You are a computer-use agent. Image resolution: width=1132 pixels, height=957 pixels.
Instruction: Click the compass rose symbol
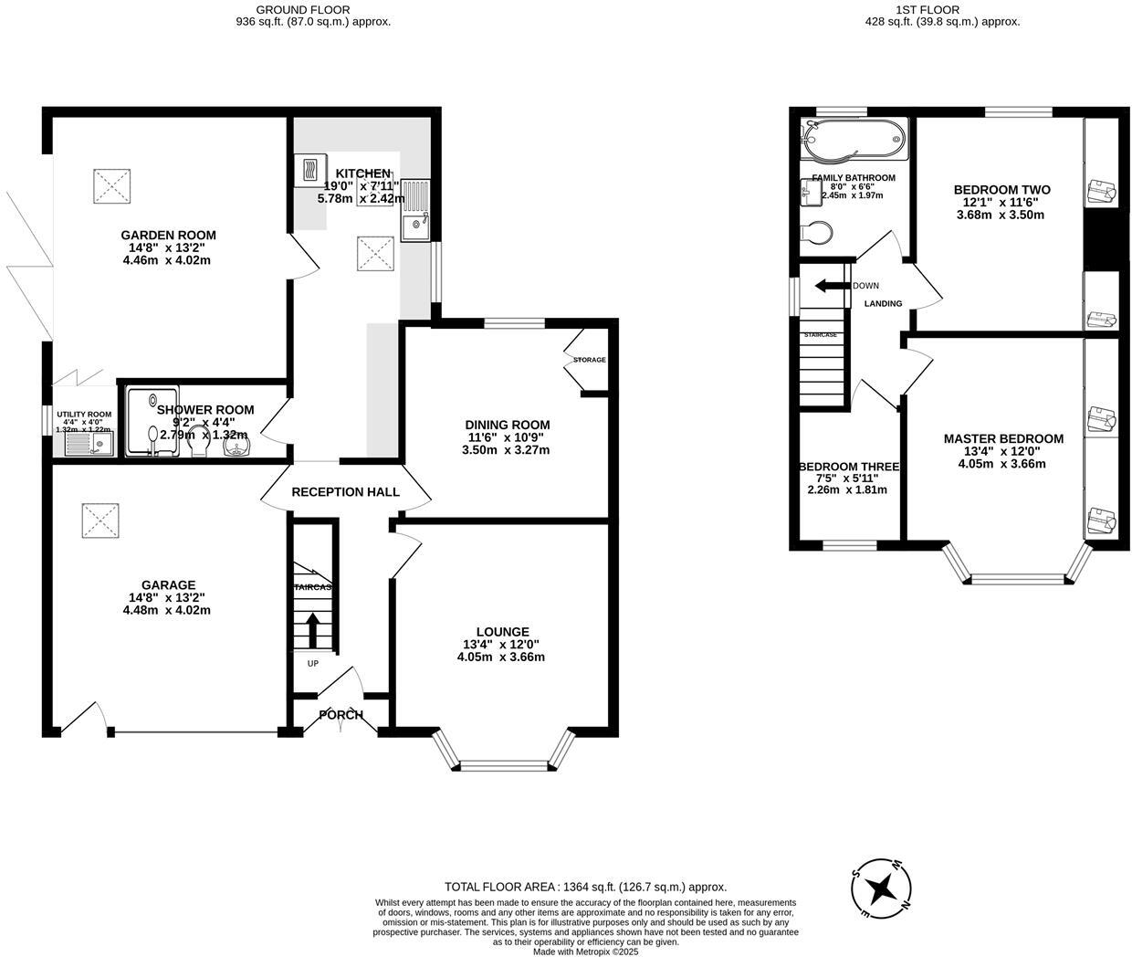(881, 887)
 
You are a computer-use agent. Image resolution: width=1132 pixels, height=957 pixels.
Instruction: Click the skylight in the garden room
(114, 186)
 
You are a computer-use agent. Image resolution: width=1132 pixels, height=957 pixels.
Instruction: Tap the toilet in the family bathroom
(815, 233)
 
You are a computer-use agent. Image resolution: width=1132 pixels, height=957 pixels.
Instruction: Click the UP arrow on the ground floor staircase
(312, 630)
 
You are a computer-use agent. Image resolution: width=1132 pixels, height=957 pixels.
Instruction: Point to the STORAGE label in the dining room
(589, 360)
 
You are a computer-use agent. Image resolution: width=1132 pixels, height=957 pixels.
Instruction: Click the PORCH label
(341, 715)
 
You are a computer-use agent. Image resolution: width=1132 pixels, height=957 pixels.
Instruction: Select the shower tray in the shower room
(152, 421)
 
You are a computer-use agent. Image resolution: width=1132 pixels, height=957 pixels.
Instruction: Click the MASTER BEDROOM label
(1003, 439)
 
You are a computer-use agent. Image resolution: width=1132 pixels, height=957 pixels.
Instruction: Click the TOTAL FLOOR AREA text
(584, 887)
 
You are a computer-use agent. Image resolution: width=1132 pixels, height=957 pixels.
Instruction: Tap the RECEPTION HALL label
(345, 492)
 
